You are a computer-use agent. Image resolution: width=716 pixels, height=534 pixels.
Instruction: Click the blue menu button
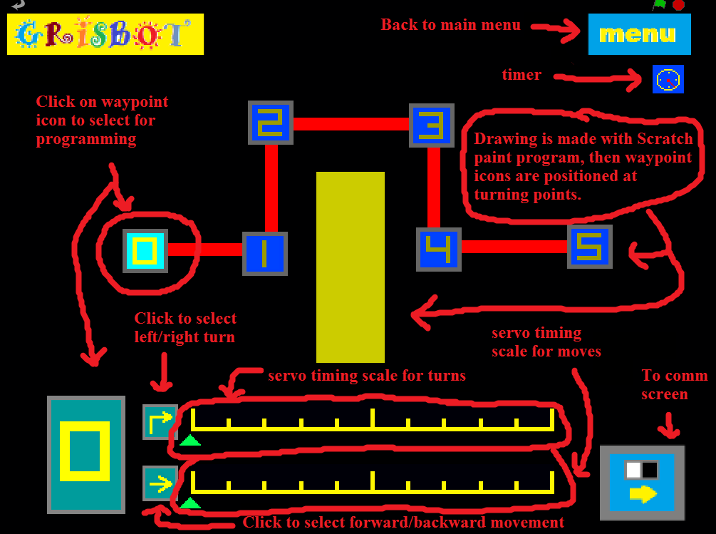click(639, 34)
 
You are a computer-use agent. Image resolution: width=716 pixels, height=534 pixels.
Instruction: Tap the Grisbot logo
click(105, 34)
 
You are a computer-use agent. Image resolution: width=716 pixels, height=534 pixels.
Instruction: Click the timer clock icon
click(668, 79)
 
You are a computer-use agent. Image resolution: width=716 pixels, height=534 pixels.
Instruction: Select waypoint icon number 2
click(270, 123)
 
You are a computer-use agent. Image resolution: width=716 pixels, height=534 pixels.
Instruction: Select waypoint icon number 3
click(431, 125)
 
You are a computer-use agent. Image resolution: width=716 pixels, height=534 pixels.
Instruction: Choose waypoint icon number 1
click(264, 253)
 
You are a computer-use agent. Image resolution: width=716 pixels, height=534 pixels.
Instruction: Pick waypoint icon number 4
click(438, 250)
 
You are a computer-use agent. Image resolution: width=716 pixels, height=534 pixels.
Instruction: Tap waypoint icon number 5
click(589, 246)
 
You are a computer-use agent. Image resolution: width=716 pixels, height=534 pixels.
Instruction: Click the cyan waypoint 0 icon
click(145, 250)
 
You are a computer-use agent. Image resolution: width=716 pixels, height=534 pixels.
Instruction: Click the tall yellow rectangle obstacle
click(350, 267)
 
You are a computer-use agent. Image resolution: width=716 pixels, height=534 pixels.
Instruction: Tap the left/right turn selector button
click(160, 421)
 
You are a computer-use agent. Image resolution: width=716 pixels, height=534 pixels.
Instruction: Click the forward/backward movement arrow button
click(160, 483)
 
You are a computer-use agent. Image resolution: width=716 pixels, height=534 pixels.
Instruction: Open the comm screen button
click(642, 483)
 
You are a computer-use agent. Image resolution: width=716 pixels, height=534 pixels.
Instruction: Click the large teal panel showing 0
click(85, 454)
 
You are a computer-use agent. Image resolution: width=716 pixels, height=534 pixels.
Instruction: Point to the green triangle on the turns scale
click(190, 441)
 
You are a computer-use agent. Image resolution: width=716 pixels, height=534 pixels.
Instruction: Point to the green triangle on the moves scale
click(190, 503)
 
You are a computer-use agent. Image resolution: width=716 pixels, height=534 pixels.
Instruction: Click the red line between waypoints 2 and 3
click(351, 124)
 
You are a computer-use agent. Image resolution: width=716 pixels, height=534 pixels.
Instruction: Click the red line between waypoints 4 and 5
click(514, 247)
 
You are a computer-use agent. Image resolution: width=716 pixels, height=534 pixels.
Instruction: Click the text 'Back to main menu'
click(450, 25)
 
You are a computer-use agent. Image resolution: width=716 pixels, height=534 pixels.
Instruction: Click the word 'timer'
click(521, 75)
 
